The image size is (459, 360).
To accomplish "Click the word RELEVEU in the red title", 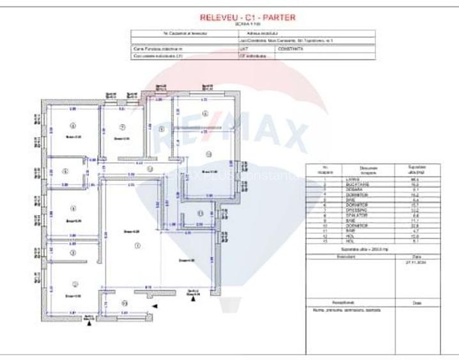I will click(x=217, y=17).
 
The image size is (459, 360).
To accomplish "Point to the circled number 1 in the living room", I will click(x=136, y=246).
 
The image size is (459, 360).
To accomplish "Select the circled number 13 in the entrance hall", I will click(x=125, y=302).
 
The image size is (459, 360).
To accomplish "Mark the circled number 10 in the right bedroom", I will click(x=208, y=153).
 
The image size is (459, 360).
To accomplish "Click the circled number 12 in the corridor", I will click(x=150, y=169).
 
